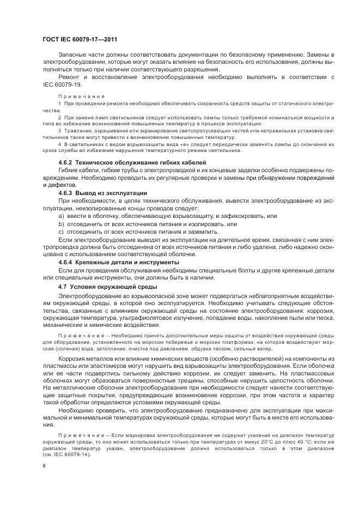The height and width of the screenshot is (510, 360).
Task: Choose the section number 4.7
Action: pos(63,286)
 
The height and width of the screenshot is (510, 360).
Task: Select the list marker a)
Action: pos(61,216)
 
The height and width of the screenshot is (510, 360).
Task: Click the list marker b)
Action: pos(61,224)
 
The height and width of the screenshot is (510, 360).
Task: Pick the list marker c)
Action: pos(61,232)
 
